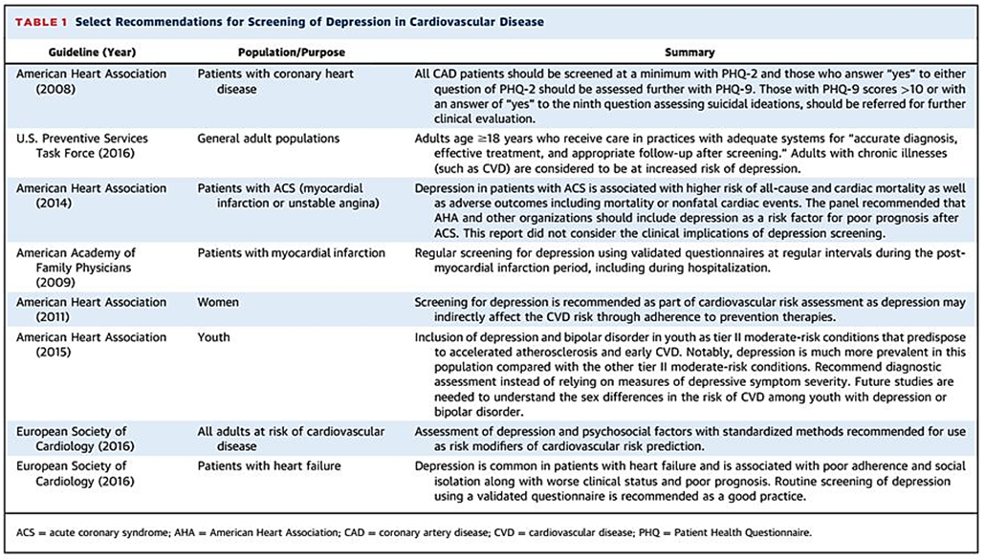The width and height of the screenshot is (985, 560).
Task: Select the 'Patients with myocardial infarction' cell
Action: pos(291,253)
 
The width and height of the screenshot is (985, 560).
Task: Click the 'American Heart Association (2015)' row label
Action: pos(91,345)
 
